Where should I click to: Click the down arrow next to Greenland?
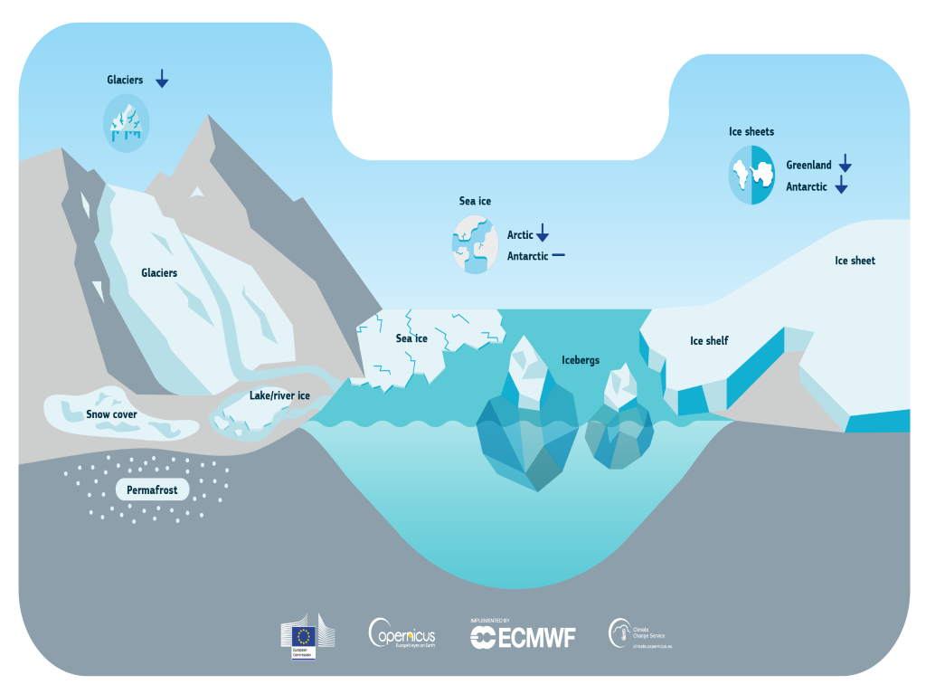click(845, 164)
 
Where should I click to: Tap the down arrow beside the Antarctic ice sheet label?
click(841, 185)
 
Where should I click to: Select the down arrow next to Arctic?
click(543, 233)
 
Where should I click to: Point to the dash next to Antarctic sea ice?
click(558, 255)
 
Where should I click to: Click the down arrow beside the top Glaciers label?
click(162, 79)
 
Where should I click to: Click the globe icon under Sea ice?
click(475, 244)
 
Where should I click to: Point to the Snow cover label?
click(112, 414)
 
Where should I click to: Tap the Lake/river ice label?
click(279, 395)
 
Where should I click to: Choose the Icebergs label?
click(581, 360)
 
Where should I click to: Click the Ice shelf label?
click(709, 340)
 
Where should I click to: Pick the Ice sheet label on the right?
click(855, 261)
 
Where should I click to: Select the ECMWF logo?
click(523, 636)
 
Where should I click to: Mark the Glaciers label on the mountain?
click(159, 272)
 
